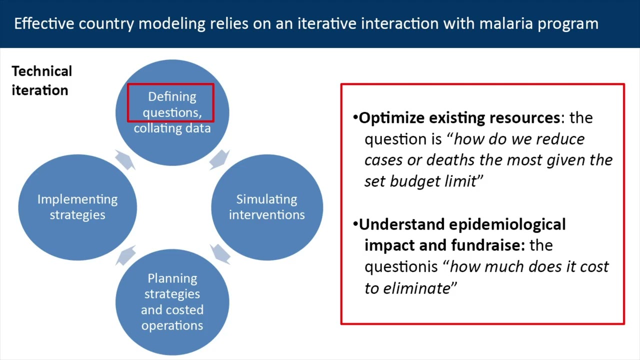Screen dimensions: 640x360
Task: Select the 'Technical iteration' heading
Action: (41, 81)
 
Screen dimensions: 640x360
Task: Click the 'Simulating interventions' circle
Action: (267, 207)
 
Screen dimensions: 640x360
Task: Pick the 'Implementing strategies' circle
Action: (77, 207)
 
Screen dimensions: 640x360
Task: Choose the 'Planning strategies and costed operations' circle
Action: (172, 302)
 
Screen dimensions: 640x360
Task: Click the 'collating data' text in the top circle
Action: (172, 128)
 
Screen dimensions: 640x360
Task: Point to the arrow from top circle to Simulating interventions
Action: (219, 159)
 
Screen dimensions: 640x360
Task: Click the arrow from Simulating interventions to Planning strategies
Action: (220, 254)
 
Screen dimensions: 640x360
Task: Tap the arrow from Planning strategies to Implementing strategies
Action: (125, 255)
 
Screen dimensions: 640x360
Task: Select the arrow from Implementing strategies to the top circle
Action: (125, 159)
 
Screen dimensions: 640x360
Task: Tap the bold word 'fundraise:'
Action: (488, 245)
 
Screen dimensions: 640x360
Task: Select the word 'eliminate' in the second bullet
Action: (417, 288)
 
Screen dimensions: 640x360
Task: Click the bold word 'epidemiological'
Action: (507, 225)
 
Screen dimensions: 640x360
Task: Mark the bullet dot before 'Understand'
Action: (355, 223)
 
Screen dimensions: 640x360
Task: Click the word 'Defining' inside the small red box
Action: (172, 97)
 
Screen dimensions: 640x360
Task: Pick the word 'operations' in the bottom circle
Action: (172, 325)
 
